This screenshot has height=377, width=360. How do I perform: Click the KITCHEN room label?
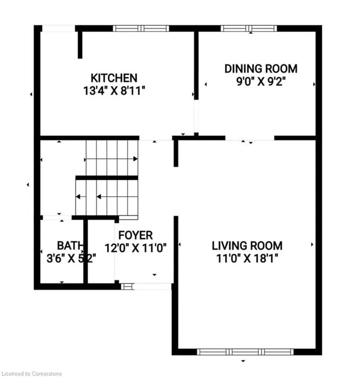(114, 78)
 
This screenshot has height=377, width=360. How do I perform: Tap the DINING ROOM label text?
(261, 69)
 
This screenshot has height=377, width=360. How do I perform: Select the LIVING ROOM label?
(247, 246)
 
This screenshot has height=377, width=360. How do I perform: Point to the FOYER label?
(136, 235)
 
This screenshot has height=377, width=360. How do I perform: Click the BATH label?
(70, 245)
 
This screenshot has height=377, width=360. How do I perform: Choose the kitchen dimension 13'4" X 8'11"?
(114, 91)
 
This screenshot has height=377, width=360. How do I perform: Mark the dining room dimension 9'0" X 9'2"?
(261, 82)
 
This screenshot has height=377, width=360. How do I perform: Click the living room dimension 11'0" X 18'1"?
(247, 259)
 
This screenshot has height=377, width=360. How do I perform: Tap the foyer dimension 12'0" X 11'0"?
(136, 248)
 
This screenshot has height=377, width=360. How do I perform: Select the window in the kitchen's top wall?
(141, 28)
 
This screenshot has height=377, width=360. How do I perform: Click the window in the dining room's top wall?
(249, 28)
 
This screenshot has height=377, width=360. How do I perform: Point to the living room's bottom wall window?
(245, 352)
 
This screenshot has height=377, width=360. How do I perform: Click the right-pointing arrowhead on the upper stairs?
(136, 159)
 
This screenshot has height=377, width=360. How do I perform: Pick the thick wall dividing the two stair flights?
(107, 178)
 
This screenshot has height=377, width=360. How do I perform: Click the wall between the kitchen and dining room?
(196, 65)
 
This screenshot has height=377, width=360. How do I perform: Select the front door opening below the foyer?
(146, 286)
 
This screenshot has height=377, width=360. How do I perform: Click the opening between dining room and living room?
(250, 138)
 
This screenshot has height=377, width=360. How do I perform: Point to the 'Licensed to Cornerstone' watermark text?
(31, 374)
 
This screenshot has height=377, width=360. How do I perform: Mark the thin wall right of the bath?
(85, 252)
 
